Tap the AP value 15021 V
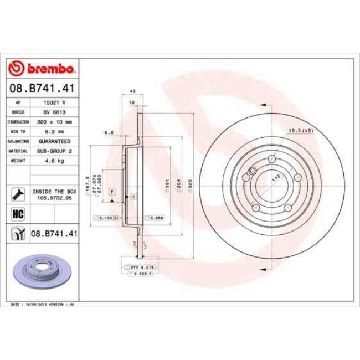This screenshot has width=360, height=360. click(54, 102)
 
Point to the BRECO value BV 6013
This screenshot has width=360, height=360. click(54, 112)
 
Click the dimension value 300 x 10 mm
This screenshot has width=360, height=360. click(54, 121)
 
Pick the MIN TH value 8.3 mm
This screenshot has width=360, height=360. click(54, 131)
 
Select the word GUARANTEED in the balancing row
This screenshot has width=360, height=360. click(54, 141)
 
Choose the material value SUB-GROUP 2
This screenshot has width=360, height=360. click(54, 151)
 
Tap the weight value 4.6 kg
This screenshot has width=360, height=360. click(54, 160)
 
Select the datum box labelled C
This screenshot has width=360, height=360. click(133, 197)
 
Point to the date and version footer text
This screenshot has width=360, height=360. click(43, 305)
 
